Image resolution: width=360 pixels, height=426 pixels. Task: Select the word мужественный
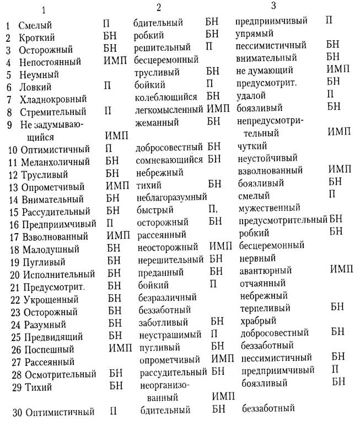coord(267,208)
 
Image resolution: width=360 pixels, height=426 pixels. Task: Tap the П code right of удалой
coord(330,95)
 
